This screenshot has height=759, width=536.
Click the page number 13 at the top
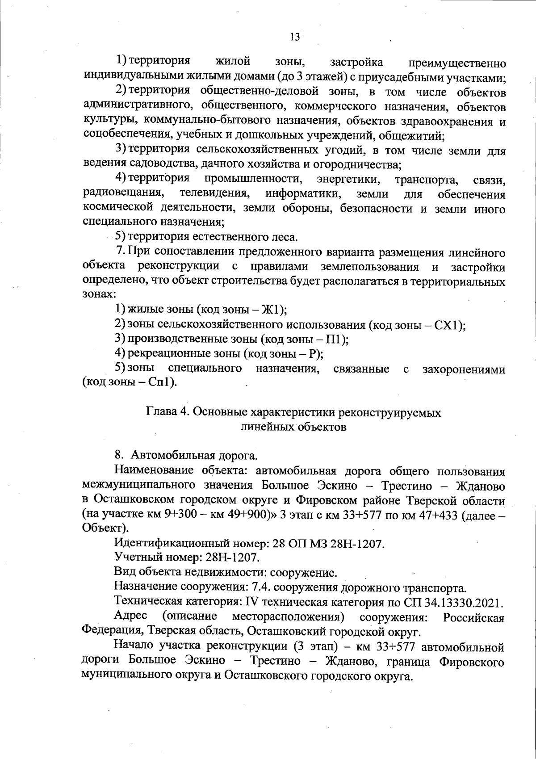pyautogui.click(x=294, y=37)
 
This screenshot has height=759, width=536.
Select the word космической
pyautogui.click(x=117, y=209)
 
